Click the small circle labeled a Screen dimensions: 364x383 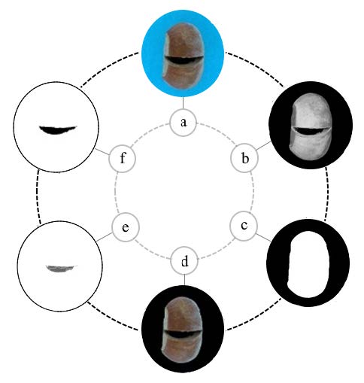point(183,123)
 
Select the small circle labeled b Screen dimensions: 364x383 point(244,158)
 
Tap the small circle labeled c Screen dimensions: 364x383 point(244,225)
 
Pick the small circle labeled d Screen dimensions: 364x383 point(184,261)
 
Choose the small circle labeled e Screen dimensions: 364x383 point(125,227)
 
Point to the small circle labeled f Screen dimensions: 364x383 point(123,159)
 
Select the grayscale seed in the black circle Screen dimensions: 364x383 point(311,126)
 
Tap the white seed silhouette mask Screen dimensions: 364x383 point(308,264)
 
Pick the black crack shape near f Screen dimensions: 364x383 point(57,129)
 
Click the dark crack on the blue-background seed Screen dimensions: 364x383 point(184,60)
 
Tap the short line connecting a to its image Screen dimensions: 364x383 point(183,103)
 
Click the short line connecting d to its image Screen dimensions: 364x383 point(184,280)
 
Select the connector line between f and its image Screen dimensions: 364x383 point(102,151)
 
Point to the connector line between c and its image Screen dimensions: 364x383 point(263,237)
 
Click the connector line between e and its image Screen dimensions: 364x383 point(105,237)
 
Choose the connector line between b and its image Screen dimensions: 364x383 point(263,146)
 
